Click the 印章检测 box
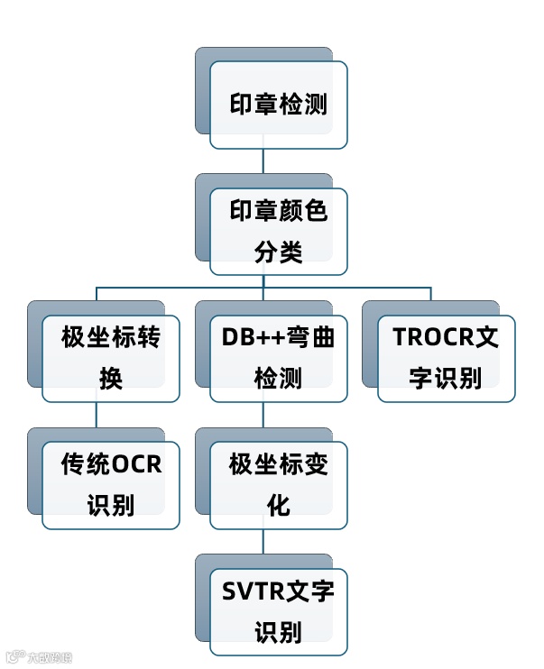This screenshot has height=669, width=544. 278,105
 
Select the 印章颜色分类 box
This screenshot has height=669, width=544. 278,231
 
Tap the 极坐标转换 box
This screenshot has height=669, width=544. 110,358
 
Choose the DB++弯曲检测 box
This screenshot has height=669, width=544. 278,358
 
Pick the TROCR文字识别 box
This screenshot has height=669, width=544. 446,358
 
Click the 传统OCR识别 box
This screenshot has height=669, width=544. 110,485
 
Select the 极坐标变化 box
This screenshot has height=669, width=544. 278,485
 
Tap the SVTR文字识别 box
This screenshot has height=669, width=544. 278,612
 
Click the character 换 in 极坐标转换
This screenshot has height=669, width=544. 110,379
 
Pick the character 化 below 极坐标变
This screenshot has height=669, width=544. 278,506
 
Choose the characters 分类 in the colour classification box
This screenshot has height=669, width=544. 278,252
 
